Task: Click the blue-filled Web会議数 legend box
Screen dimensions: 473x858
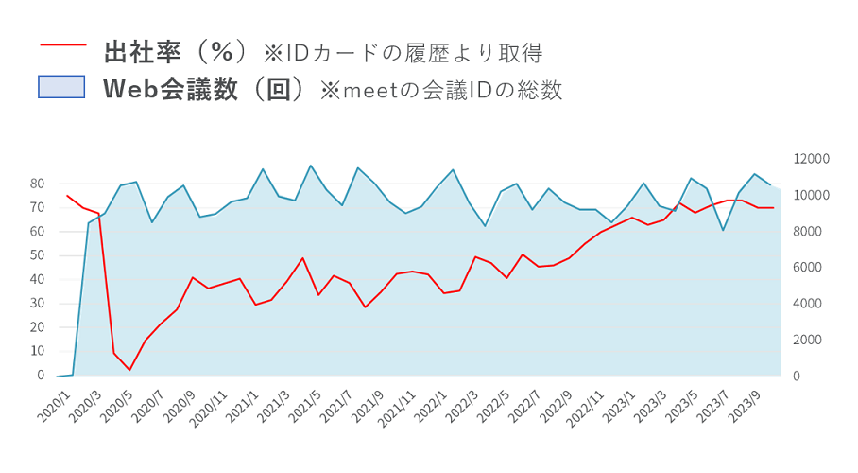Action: tap(61, 88)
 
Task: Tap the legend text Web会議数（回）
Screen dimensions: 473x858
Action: tap(203, 89)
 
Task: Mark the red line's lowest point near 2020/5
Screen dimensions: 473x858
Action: tap(129, 370)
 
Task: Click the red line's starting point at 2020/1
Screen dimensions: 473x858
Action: tap(66, 196)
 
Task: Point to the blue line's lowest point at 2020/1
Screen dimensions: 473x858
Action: tap(59, 376)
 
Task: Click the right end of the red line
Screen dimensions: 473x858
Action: tap(774, 208)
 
